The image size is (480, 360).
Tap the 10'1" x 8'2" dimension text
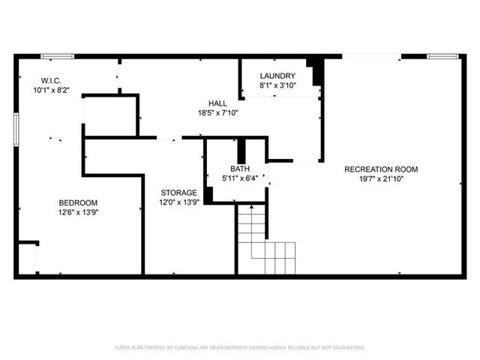pyautogui.click(x=50, y=89)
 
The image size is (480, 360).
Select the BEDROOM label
pyautogui.click(x=78, y=202)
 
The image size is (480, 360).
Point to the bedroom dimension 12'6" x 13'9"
pyautogui.click(x=78, y=213)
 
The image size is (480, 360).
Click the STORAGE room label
pyautogui.click(x=179, y=193)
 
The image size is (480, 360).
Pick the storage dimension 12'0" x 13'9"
pyautogui.click(x=179, y=202)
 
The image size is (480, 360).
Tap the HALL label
pyautogui.click(x=218, y=103)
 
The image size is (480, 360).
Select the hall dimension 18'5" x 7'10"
pyautogui.click(x=218, y=113)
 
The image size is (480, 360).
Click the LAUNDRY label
pyautogui.click(x=277, y=76)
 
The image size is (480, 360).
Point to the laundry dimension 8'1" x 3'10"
pyautogui.click(x=277, y=85)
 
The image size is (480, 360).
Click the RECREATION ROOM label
pyautogui.click(x=381, y=169)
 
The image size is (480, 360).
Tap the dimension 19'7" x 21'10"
pyautogui.click(x=381, y=179)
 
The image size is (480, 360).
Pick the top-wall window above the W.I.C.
pyautogui.click(x=57, y=55)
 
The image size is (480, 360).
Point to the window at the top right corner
pyautogui.click(x=442, y=55)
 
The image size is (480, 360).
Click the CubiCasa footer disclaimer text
pyautogui.click(x=239, y=348)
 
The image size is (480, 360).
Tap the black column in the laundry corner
pyautogui.click(x=318, y=72)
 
